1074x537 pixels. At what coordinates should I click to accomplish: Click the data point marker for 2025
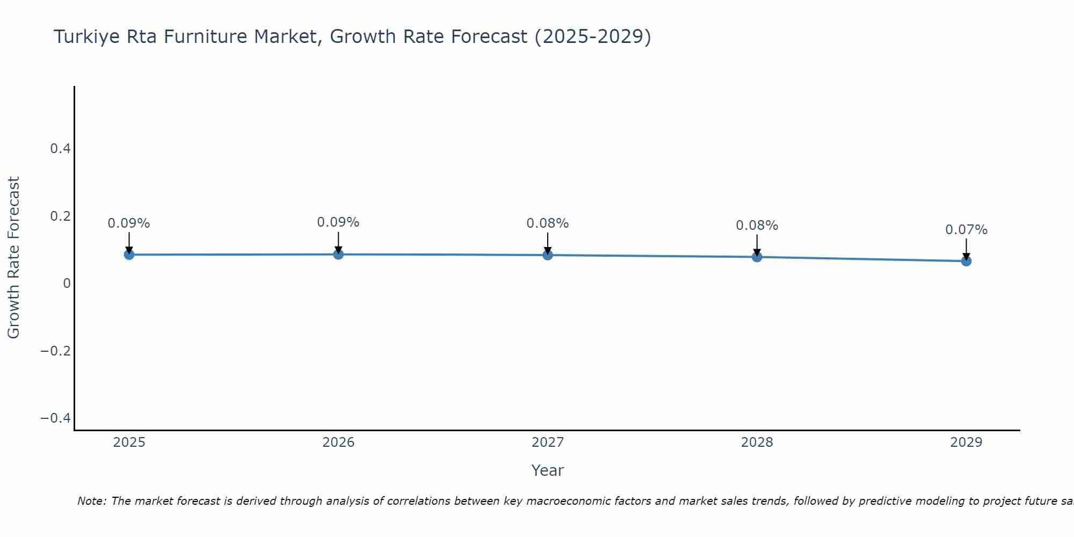pos(129,255)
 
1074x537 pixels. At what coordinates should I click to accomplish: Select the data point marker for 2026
pos(338,254)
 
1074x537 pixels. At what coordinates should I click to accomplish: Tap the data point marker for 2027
pos(548,255)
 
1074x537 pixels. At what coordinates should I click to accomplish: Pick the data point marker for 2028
pos(757,257)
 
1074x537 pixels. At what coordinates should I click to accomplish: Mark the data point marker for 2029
pos(966,261)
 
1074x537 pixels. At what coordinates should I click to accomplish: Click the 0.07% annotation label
pos(966,230)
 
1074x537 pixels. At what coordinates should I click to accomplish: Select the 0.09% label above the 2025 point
pos(129,223)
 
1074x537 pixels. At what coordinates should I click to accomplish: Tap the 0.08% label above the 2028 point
pos(757,226)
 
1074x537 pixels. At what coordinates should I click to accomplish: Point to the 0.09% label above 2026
pos(338,222)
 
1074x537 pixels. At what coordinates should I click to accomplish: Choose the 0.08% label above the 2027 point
pos(548,223)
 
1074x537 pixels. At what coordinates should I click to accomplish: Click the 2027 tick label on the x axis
pos(548,442)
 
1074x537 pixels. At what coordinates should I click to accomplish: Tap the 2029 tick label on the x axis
pos(966,442)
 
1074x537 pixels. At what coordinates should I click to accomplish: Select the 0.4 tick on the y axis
pos(60,149)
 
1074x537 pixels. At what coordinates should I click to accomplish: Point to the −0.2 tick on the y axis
pos(56,351)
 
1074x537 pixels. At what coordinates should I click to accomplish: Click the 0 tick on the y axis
pos(67,284)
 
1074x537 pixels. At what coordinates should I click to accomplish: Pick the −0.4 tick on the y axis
pos(56,418)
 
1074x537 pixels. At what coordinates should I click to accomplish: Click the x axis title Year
pos(547,470)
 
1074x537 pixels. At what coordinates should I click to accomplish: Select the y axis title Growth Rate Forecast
pos(13,258)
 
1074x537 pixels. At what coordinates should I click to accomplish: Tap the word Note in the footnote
pos(91,501)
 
